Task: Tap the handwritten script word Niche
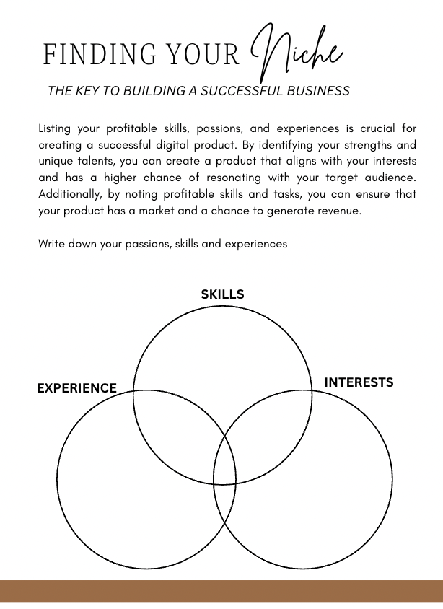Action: (x=296, y=52)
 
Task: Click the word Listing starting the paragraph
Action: (x=54, y=128)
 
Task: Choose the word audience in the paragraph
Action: (x=390, y=178)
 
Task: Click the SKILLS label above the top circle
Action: (x=222, y=294)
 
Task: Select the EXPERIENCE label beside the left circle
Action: (x=76, y=388)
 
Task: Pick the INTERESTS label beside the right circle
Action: (x=359, y=382)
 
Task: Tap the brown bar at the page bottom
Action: (x=221, y=591)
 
